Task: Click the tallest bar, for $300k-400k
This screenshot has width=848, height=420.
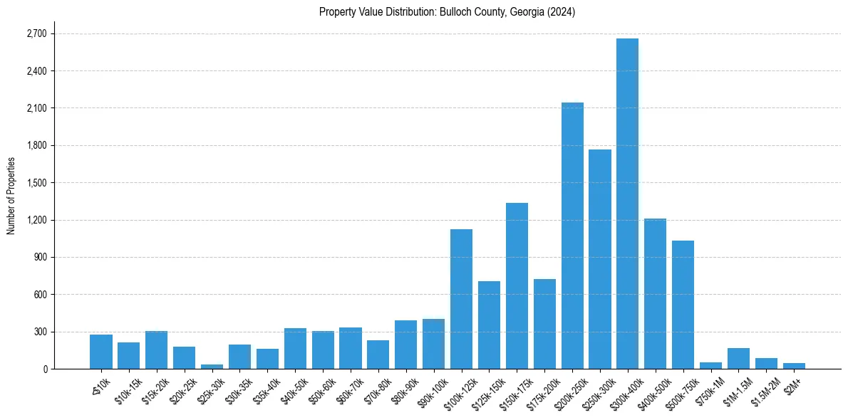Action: (627, 206)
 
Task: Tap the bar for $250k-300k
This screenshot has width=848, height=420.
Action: (600, 260)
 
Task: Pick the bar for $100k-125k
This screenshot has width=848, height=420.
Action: (461, 299)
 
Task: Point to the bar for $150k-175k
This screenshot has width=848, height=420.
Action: (517, 285)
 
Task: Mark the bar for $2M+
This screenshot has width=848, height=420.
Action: (794, 366)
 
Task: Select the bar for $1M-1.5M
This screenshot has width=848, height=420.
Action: (738, 359)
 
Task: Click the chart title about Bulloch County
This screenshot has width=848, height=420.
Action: (447, 12)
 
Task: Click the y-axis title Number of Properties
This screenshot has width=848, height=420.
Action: (11, 196)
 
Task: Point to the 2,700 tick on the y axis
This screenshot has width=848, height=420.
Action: (36, 34)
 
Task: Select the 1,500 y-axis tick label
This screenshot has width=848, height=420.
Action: (36, 183)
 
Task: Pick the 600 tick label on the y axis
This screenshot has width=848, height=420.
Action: (38, 295)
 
